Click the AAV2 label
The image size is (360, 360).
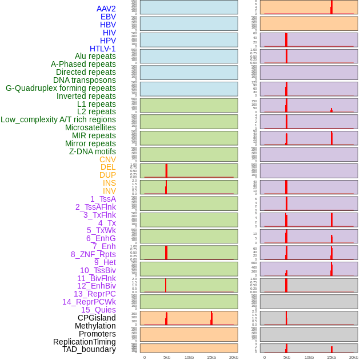click(x=106, y=9)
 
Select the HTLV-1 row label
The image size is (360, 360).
click(x=103, y=49)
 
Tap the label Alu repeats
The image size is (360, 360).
click(x=95, y=57)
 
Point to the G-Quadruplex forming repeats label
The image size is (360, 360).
click(x=61, y=88)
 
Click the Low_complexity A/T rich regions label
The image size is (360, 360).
click(x=58, y=119)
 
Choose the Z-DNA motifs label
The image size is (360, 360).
click(x=93, y=151)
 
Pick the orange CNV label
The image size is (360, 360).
click(x=107, y=159)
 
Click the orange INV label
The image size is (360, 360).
click(x=109, y=191)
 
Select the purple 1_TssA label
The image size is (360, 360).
click(x=103, y=199)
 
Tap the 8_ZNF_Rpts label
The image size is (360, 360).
click(x=93, y=254)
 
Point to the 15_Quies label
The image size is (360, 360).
click(x=98, y=310)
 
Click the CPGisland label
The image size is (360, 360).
click(x=97, y=318)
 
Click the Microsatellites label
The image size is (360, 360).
click(x=90, y=127)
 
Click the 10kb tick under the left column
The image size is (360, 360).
click(x=189, y=357)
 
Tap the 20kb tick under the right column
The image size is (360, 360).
click(x=354, y=357)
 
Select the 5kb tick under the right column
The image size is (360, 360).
click(x=287, y=357)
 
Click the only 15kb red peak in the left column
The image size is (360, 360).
click(x=211, y=318)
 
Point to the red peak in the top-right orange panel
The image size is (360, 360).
click(x=331, y=7)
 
